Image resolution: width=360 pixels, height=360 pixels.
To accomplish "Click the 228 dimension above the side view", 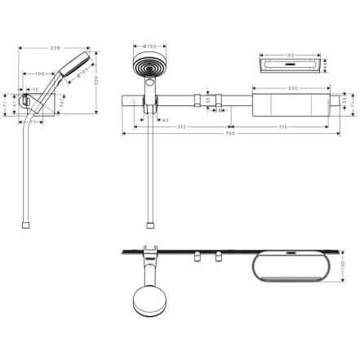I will [x=55, y=48].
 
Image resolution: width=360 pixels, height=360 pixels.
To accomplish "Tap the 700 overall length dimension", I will [x=230, y=134].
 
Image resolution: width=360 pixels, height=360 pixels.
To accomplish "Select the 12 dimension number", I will [x=35, y=90].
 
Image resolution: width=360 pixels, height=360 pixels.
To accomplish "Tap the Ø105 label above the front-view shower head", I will [x=149, y=47].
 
